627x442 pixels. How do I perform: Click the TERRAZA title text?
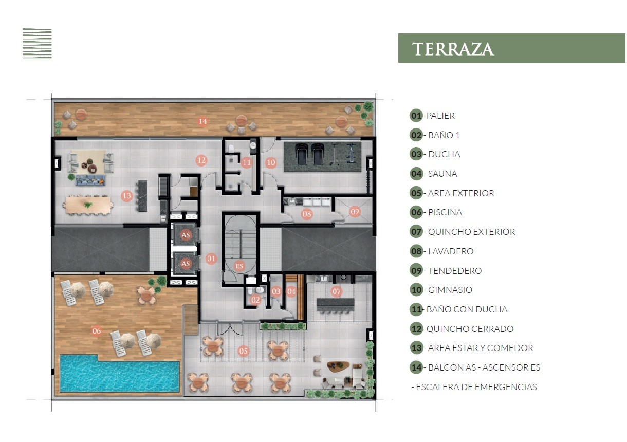tap(453, 49)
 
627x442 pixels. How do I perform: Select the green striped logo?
tap(37, 43)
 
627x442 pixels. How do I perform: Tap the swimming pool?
tap(120, 374)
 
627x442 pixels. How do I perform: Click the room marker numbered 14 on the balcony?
tap(203, 121)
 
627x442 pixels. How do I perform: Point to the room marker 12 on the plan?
tap(201, 160)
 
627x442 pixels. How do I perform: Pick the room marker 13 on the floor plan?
tap(127, 196)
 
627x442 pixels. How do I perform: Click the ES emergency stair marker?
tap(239, 266)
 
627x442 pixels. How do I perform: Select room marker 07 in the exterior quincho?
tap(337, 292)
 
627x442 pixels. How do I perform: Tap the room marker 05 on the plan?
tap(243, 351)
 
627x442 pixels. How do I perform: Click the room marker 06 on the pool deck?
tap(96, 331)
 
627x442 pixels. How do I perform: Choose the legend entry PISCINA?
tap(436, 212)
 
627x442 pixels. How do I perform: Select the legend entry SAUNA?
tap(434, 174)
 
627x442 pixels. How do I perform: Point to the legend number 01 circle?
tap(416, 116)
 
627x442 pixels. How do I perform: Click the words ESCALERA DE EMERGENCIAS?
tap(476, 387)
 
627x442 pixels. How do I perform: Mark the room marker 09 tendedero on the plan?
tap(355, 212)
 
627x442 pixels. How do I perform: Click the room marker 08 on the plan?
tap(306, 214)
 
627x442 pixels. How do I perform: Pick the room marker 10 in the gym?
tap(271, 162)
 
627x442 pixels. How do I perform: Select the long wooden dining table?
tap(88, 205)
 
